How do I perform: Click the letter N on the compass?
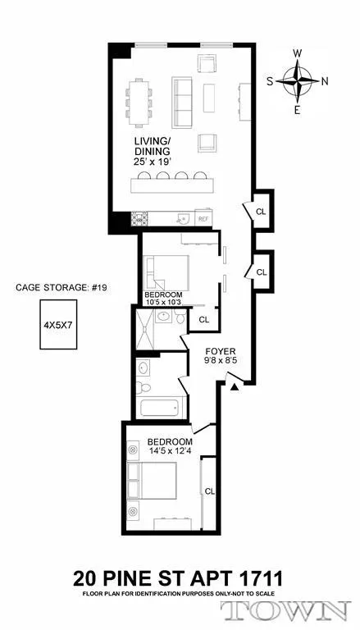click(x=326, y=80)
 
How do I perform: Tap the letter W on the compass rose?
click(x=298, y=54)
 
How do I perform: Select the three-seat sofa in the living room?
click(x=181, y=98)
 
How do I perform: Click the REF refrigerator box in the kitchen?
click(x=202, y=219)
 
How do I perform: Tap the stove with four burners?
click(x=139, y=218)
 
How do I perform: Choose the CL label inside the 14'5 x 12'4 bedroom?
click(x=209, y=491)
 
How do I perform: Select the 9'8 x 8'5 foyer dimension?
click(x=219, y=368)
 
